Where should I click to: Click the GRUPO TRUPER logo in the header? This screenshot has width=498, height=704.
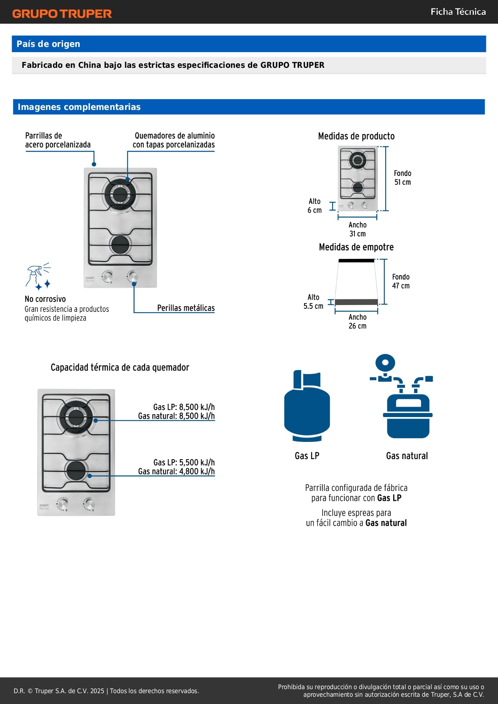tap(62, 14)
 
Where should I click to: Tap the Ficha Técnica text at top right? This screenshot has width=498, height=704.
tap(458, 12)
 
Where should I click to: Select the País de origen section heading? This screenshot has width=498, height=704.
tap(48, 44)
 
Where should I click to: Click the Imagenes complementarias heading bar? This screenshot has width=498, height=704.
tap(79, 107)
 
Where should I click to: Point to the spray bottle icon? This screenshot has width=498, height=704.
tap(38, 277)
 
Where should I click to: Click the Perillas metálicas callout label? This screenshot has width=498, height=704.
tap(186, 308)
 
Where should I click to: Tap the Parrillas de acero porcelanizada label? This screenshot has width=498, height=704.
tap(57, 140)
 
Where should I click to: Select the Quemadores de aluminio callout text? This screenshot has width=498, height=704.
tap(174, 140)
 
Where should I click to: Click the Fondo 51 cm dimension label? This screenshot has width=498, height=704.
tap(402, 178)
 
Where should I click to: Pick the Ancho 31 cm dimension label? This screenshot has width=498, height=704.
tap(357, 229)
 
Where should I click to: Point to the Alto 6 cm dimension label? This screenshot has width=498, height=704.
tap(315, 206)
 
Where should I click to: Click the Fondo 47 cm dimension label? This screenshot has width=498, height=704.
tap(400, 281)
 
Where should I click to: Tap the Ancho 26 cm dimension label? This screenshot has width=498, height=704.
tap(357, 321)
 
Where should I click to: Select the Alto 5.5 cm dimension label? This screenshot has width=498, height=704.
tap(313, 301)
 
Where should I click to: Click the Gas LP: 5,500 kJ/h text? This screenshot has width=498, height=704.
tap(184, 462)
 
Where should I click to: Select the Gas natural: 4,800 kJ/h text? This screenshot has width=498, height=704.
tap(176, 472)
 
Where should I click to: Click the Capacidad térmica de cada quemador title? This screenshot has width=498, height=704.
tap(120, 367)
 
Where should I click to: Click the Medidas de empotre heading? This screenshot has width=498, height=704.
tap(356, 247)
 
